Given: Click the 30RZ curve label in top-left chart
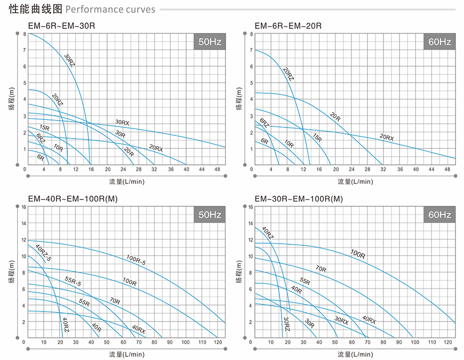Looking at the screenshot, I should pos(70,60).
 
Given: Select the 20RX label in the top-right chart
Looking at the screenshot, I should pos(387,138).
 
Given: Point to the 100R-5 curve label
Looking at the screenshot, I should pos(137,260).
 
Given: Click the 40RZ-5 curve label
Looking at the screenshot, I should pos(44,253).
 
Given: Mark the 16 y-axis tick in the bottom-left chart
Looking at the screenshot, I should pos(23,206).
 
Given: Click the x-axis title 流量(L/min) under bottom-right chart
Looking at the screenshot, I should pos(352,354).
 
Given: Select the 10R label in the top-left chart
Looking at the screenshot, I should pos(58,148).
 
